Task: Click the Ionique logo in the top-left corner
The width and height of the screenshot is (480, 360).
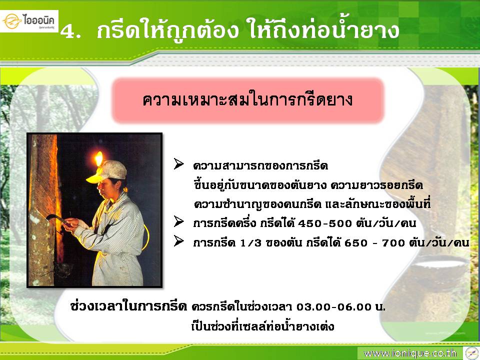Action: (29, 21)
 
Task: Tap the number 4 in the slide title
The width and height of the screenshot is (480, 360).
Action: (67, 31)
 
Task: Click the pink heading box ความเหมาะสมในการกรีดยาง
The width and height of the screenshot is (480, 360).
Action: (248, 100)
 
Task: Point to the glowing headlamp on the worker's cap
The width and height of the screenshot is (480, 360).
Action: (98, 158)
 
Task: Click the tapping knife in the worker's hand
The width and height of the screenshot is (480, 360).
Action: (57, 218)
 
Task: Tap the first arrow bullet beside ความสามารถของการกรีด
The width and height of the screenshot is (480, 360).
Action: (179, 164)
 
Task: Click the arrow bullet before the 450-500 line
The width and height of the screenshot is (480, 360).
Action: (179, 221)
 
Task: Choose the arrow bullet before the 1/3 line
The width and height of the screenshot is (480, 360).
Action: (179, 241)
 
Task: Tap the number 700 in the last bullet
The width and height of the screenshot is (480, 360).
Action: (393, 243)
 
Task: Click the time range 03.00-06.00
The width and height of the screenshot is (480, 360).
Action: (333, 306)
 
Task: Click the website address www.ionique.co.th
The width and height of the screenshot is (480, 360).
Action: (410, 353)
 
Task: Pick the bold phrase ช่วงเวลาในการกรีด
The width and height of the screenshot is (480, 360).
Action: (128, 306)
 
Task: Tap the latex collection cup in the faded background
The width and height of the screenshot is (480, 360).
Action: (439, 269)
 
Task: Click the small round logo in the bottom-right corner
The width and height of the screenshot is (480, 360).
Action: (471, 353)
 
